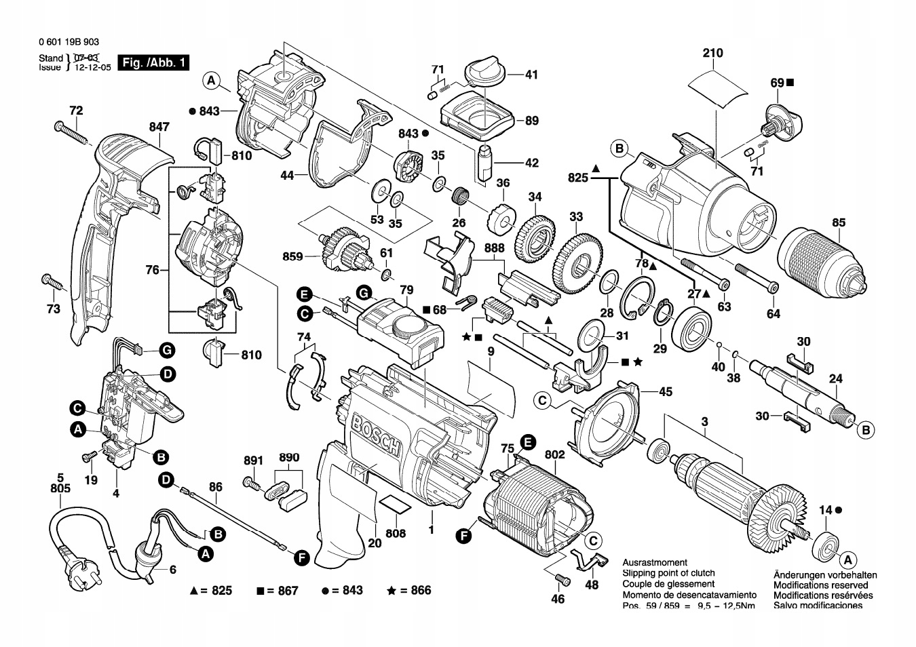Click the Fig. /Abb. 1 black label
coord(153,63)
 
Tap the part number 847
coord(159,126)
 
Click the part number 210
coord(713,53)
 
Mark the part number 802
coord(554,454)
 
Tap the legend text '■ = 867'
coord(278,591)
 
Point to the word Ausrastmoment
coord(655,563)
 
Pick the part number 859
coord(292,257)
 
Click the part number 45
coord(666,391)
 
